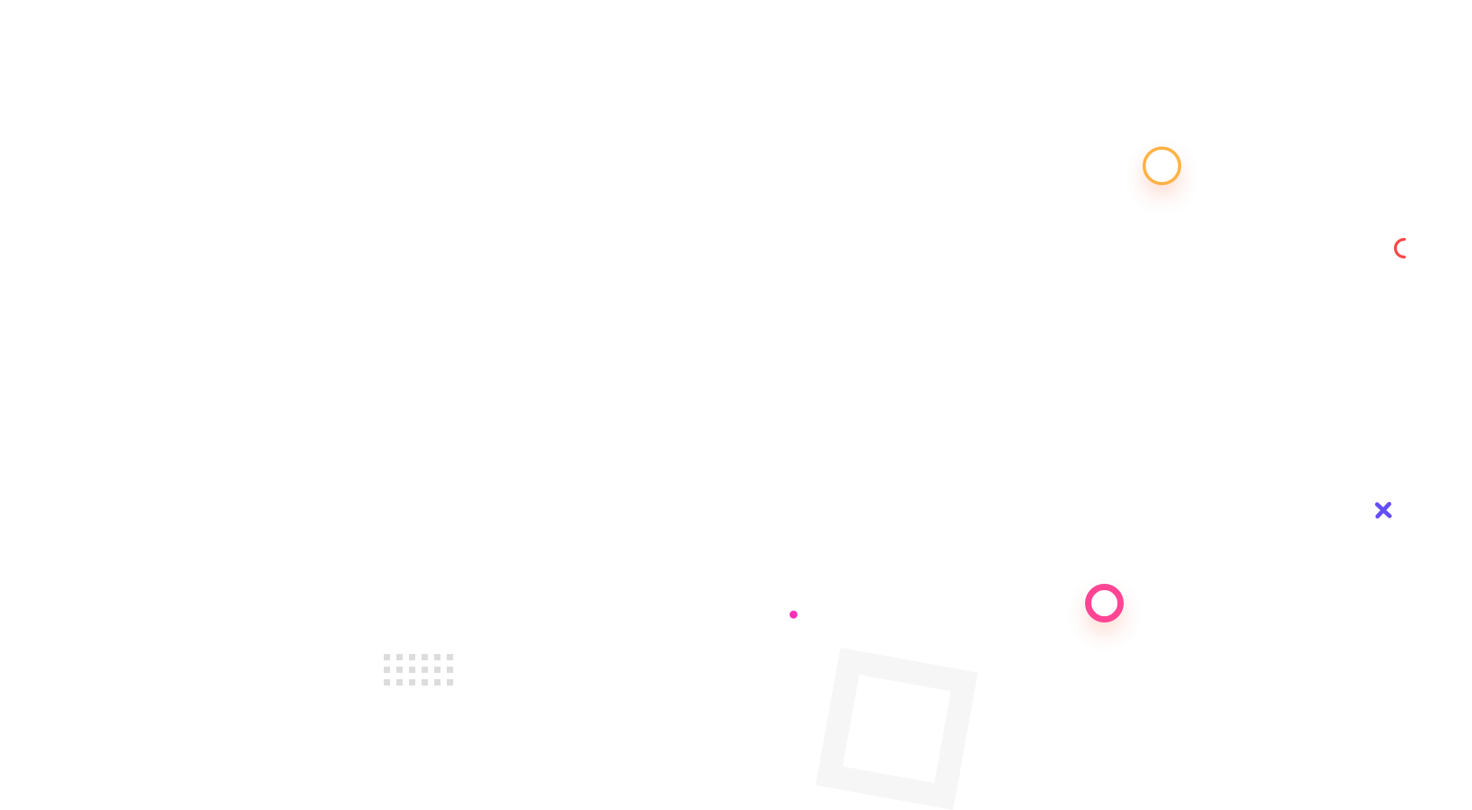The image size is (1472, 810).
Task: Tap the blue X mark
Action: pos(1383,511)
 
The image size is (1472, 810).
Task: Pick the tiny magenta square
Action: pos(793,614)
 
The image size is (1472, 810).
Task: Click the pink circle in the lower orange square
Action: pos(1104,603)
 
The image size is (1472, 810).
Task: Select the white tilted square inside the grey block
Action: pos(897,729)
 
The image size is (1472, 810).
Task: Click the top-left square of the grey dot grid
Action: pos(386,656)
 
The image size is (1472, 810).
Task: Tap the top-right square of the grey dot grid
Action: pos(449,656)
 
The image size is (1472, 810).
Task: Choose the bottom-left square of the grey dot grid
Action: pos(386,682)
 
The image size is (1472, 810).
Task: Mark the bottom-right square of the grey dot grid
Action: pos(449,682)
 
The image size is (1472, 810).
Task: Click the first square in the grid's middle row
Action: pos(386,669)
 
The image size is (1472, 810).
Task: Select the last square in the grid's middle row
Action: pos(449,669)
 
